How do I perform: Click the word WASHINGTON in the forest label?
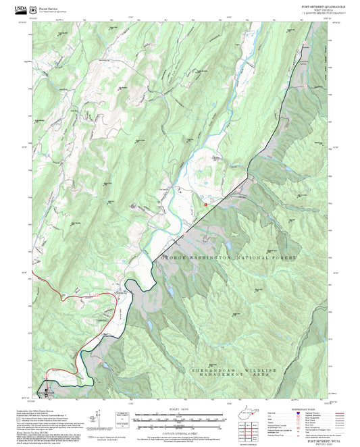(213, 259)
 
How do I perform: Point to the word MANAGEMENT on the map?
(209, 377)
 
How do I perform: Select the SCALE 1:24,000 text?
(180, 410)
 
